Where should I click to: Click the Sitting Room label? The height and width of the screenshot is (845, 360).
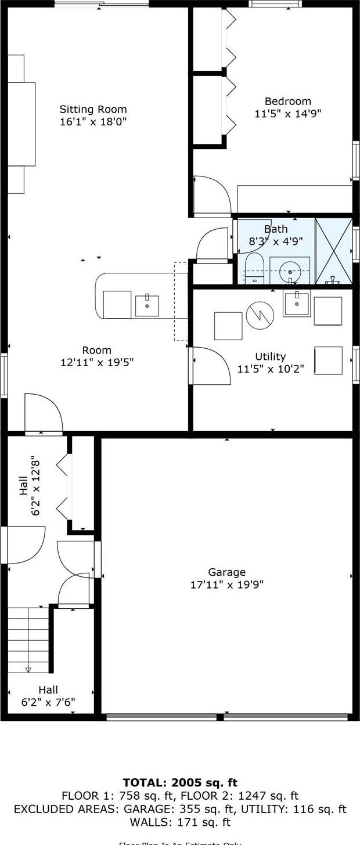click(93, 109)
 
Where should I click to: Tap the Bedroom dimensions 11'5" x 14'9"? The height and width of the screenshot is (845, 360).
click(287, 114)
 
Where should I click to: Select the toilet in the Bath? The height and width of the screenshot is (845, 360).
click(254, 268)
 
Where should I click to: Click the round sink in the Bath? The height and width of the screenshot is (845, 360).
click(289, 270)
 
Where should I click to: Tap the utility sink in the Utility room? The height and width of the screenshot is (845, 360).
click(296, 304)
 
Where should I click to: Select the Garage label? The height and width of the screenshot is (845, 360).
click(226, 572)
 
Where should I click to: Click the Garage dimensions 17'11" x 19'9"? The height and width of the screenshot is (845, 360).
click(226, 584)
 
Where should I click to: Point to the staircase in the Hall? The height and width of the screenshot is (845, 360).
click(28, 638)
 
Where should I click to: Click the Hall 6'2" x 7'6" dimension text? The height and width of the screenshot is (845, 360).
click(48, 702)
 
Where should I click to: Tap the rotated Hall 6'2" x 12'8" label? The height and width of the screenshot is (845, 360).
click(30, 485)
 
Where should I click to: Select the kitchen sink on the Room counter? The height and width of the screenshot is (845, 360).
click(147, 305)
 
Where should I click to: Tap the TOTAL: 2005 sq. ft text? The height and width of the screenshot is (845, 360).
click(180, 783)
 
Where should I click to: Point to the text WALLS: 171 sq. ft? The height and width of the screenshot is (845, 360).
click(180, 822)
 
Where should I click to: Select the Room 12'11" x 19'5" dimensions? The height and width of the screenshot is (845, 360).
click(97, 363)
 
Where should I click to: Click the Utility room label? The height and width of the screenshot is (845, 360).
click(270, 356)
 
